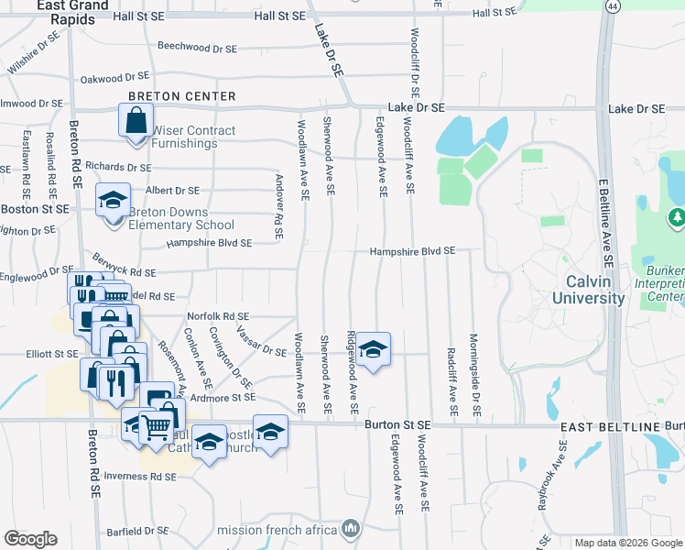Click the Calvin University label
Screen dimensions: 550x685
588,289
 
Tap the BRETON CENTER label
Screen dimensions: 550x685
181,96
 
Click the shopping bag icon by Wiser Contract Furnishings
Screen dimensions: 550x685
136,122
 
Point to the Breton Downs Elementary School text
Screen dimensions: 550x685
181,218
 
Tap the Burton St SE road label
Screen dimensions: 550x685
397,424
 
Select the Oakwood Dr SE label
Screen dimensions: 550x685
114,79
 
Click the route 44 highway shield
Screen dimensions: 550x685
611,5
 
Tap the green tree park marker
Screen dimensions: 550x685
677,218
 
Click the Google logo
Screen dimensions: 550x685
30,538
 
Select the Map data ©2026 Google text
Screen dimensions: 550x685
628,543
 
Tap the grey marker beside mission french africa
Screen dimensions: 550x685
350,528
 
